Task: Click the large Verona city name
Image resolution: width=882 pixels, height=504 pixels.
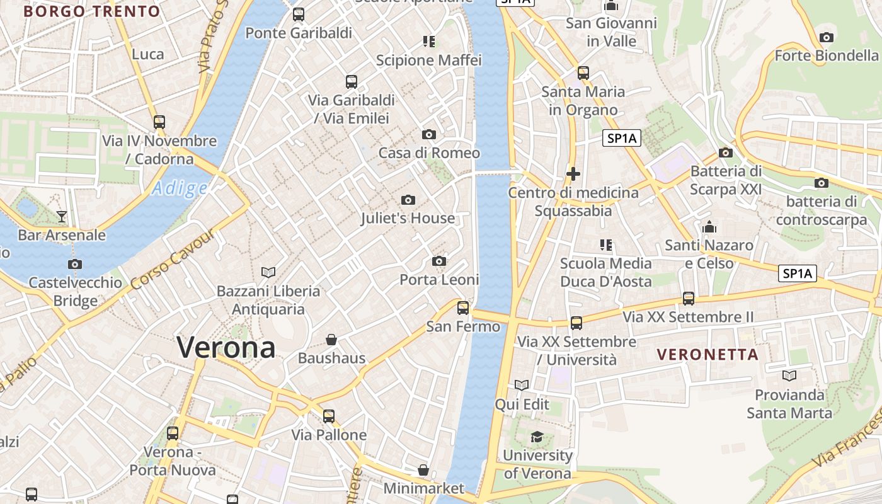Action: [x=226, y=347]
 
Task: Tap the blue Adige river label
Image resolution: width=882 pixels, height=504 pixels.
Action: [x=180, y=188]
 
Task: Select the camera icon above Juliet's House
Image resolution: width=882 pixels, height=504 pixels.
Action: [x=408, y=200]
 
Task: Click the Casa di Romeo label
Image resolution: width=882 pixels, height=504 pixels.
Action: [x=428, y=153]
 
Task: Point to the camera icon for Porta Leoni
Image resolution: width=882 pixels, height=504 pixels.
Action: [x=439, y=261]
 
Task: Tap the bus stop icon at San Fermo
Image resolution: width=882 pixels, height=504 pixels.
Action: [x=463, y=308]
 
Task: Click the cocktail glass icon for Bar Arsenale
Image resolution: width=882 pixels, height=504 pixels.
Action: [x=62, y=217]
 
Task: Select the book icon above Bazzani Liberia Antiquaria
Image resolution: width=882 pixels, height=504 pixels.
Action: [x=268, y=272]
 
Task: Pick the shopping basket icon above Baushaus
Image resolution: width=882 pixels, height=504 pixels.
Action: [x=331, y=340]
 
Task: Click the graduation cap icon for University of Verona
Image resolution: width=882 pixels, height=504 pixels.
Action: [x=537, y=437]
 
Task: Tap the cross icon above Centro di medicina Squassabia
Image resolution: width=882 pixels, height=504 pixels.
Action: [x=573, y=174]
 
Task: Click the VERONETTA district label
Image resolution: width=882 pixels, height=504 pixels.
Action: [x=707, y=355]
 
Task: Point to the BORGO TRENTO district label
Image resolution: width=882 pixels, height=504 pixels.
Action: [x=92, y=11]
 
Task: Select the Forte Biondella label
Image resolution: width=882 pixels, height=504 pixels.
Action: [x=826, y=55]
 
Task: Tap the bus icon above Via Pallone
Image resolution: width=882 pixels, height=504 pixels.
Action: [x=329, y=416]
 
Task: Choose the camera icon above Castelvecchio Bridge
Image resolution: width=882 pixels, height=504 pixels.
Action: [x=75, y=265]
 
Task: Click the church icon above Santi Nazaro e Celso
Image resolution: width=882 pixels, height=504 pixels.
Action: [x=709, y=227]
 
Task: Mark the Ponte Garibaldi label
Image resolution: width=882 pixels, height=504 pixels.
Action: [x=299, y=33]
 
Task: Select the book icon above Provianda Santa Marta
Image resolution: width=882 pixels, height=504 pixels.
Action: [x=789, y=376]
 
